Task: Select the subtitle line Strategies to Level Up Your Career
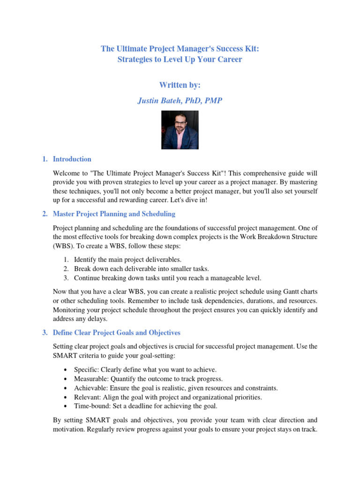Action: click(180, 60)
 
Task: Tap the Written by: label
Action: click(180, 85)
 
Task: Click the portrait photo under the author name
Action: click(180, 130)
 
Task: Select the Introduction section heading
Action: click(72, 159)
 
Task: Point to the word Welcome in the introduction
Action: click(68, 172)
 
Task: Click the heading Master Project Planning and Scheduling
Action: click(114, 214)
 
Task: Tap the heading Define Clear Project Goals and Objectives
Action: click(116, 333)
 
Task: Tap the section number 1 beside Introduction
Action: click(44, 159)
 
